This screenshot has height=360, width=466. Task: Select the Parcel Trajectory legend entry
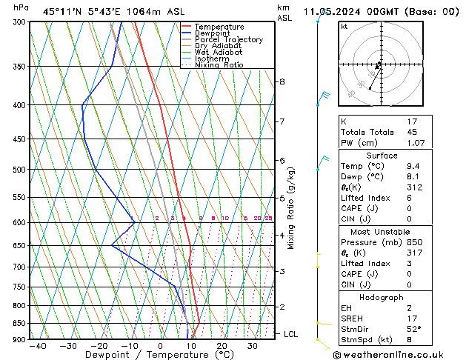pyautogui.click(x=228, y=39)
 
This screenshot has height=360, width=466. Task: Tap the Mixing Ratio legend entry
pyautogui.click(x=219, y=65)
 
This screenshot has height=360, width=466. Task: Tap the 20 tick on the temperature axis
pyautogui.click(x=222, y=346)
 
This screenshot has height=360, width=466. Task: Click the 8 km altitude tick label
pyautogui.click(x=282, y=81)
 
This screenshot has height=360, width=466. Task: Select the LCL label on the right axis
pyautogui.click(x=290, y=334)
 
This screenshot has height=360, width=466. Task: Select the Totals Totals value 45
pyautogui.click(x=413, y=133)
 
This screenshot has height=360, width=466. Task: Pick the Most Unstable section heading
pyautogui.click(x=381, y=231)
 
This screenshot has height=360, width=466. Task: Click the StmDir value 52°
pyautogui.click(x=416, y=328)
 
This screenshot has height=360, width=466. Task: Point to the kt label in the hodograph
pyautogui.click(x=344, y=27)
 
